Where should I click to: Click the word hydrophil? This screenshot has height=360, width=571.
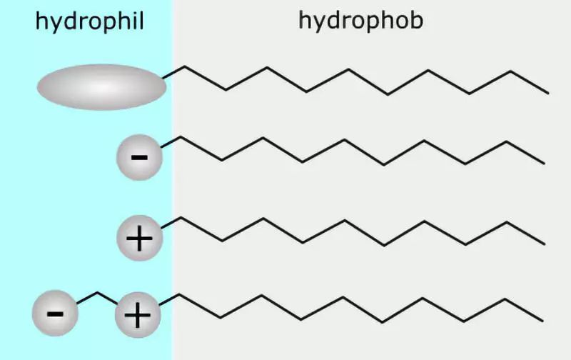click(89, 22)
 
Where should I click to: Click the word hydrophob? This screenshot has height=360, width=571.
click(360, 21)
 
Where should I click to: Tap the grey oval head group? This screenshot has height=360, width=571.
click(102, 88)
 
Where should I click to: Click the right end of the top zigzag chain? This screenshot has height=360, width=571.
click(547, 93)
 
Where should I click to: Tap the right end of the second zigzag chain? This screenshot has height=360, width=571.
click(545, 163)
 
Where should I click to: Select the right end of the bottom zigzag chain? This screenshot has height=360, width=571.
click(544, 321)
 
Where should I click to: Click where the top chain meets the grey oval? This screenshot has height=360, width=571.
click(165, 76)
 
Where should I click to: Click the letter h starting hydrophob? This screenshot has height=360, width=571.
click(304, 19)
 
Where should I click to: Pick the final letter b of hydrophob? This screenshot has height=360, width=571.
click(416, 20)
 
